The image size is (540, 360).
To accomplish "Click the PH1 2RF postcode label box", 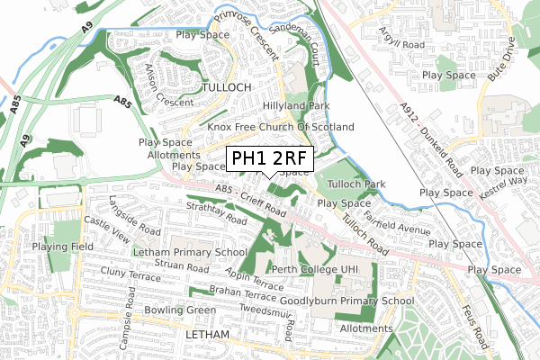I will pos(269,160).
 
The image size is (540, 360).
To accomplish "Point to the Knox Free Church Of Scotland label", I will pos(281,128).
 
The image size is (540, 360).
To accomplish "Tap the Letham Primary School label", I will pos(189,253).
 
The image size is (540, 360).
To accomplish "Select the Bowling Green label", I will pos(183,310).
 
